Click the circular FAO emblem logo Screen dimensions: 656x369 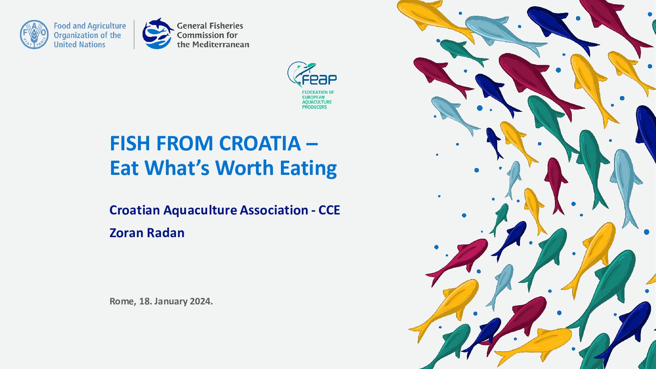tap(34, 35)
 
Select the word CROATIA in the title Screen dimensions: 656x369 tap(260, 143)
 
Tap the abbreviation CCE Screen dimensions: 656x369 tap(329, 210)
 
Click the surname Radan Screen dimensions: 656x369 tap(166, 233)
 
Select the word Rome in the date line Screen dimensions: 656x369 tap(123, 301)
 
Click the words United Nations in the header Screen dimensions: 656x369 tap(80, 45)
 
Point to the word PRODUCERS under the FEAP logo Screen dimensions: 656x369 tap(314, 107)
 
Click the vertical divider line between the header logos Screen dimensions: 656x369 tap(134, 35)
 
